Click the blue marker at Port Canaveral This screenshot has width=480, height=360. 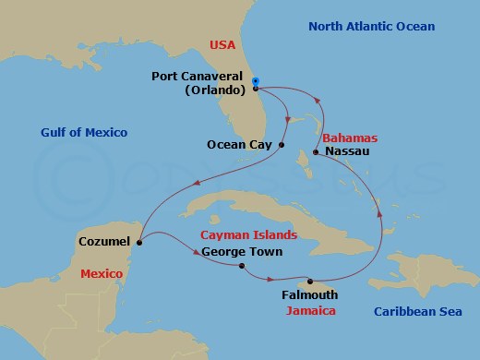click(255, 80)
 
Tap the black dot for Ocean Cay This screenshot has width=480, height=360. click(281, 145)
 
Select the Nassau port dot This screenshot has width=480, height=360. click(316, 151)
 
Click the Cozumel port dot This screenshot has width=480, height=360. click(138, 242)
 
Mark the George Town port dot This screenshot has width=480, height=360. click(241, 267)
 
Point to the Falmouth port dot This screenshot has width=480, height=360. click(310, 281)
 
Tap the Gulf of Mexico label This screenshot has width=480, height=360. click(83, 134)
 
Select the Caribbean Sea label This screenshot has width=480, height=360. click(417, 312)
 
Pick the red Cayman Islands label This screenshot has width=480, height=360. click(242, 235)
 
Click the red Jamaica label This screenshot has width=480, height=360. click(310, 312)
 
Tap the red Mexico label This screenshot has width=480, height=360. click(103, 274)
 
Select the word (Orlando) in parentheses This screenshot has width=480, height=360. click(215, 90)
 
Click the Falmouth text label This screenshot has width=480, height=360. click(309, 295)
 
